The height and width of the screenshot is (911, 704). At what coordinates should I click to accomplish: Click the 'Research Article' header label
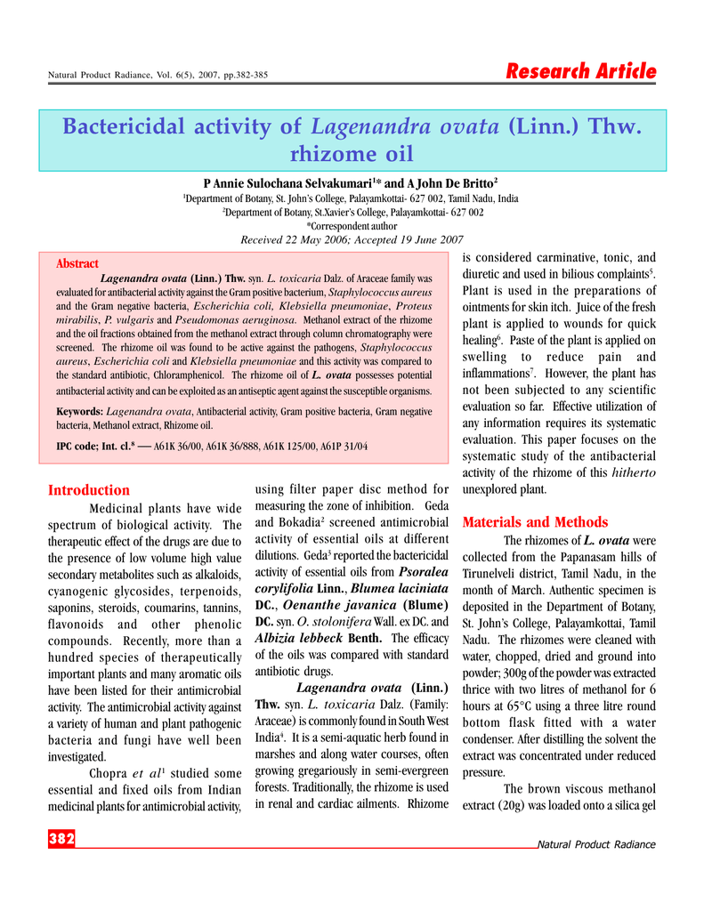(x=581, y=72)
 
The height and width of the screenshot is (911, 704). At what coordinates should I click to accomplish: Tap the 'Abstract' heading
(x=77, y=264)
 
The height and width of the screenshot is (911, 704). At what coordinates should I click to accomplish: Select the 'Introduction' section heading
(x=89, y=490)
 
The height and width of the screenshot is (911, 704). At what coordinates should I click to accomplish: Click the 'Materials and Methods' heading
(x=536, y=522)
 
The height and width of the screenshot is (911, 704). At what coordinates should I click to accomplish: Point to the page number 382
(x=61, y=838)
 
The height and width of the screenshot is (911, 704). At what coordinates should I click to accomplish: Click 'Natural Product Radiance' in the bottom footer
(x=596, y=844)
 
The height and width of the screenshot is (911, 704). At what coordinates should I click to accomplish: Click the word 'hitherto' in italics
(x=635, y=472)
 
